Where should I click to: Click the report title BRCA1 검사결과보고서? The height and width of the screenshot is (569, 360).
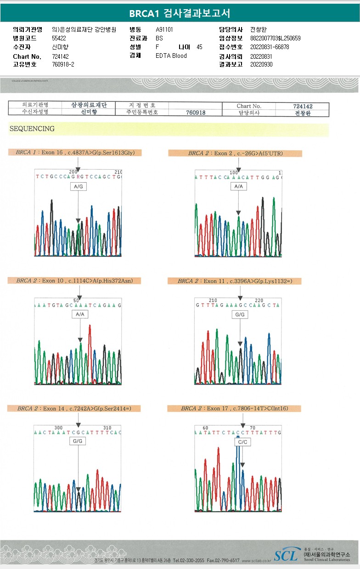pyautogui.click(x=180, y=13)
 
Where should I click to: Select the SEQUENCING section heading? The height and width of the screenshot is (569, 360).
pyautogui.click(x=32, y=129)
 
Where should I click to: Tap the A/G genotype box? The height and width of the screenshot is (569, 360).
pyautogui.click(x=78, y=187)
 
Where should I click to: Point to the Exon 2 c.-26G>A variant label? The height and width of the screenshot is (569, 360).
pyautogui.click(x=235, y=153)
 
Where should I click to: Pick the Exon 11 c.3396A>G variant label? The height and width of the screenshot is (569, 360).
pyautogui.click(x=234, y=281)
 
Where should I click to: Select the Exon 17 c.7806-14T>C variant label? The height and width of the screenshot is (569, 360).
pyautogui.click(x=234, y=408)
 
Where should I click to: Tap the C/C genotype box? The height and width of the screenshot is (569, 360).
pyautogui.click(x=242, y=442)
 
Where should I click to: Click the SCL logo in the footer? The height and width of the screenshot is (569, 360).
pyautogui.click(x=286, y=556)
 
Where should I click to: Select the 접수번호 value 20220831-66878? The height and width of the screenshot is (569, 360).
pyautogui.click(x=270, y=47)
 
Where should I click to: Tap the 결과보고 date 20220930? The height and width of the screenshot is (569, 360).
pyautogui.click(x=261, y=65)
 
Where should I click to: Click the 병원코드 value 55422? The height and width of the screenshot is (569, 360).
pyautogui.click(x=59, y=39)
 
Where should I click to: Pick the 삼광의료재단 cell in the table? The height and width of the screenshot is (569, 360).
pyautogui.click(x=89, y=105)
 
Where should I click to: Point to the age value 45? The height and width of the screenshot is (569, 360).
pyautogui.click(x=199, y=47)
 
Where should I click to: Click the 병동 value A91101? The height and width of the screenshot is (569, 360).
pyautogui.click(x=164, y=30)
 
